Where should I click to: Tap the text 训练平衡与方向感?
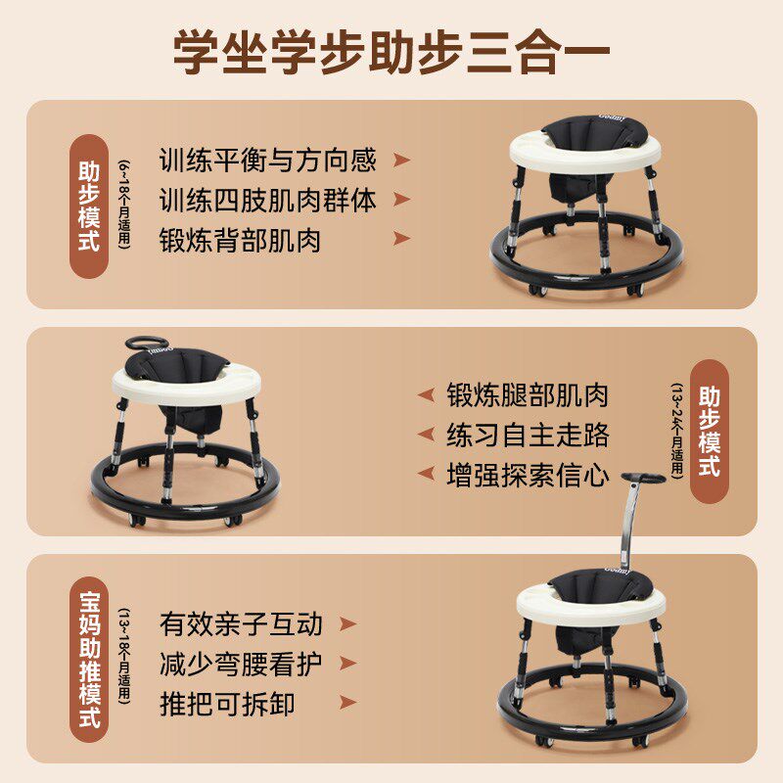click(267, 161)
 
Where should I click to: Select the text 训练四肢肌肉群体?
click(267, 201)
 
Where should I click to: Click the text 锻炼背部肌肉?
click(240, 241)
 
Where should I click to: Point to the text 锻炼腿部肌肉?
click(528, 394)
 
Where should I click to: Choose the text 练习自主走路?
click(528, 435)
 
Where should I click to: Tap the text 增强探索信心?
click(528, 476)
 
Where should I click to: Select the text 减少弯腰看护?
click(241, 665)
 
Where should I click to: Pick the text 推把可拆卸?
click(227, 705)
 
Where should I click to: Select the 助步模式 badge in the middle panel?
click(710, 432)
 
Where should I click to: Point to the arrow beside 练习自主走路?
click(425, 435)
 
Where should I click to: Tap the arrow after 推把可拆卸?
click(346, 705)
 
